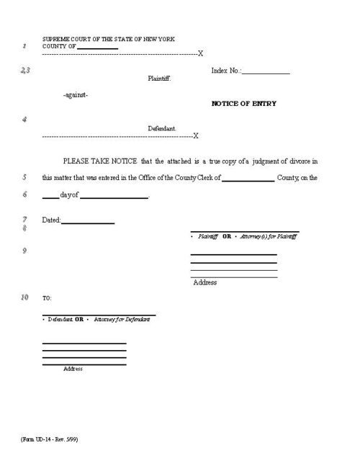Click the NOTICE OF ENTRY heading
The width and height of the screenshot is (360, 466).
(243, 104)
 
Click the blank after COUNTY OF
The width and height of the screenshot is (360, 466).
(97, 47)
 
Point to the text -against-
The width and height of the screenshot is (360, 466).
(76, 95)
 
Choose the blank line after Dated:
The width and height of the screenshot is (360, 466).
(88, 222)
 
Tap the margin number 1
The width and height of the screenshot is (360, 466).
(24, 46)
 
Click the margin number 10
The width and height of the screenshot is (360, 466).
(24, 297)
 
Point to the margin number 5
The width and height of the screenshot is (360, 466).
(24, 176)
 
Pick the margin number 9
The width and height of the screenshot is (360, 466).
(24, 250)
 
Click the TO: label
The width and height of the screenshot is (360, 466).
(47, 298)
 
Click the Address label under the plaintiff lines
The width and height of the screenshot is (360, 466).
(205, 282)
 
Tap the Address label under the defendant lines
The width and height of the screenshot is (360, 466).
(73, 369)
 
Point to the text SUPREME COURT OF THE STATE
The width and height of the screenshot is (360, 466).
(94, 39)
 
